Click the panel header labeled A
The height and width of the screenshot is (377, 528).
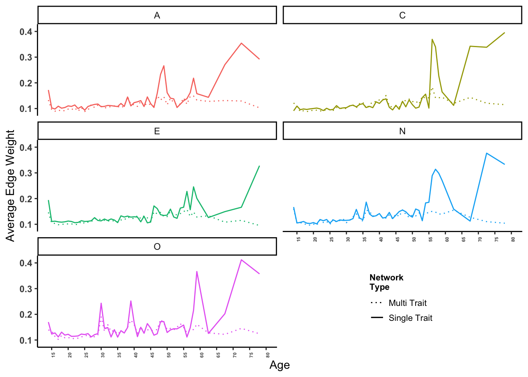pos(157,15)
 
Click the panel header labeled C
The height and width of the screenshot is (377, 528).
pos(402,15)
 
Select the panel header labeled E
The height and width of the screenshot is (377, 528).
pos(157,131)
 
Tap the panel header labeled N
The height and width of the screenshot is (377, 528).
pos(402,131)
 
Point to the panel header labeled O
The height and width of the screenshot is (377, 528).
pos(157,247)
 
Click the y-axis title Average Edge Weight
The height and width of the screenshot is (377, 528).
pos(10,185)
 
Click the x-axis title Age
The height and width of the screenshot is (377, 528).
pos(279,365)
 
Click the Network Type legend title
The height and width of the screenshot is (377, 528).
pos(386,282)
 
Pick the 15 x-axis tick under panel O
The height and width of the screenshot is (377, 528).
pos(53,355)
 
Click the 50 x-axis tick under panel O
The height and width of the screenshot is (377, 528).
pos(169,355)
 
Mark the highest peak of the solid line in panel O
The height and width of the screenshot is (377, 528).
pos(241,260)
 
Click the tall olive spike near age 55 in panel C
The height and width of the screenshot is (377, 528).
pos(432,39)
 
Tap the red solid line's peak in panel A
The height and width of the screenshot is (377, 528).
pos(241,43)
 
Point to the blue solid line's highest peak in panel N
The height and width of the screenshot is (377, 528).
pos(487,153)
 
